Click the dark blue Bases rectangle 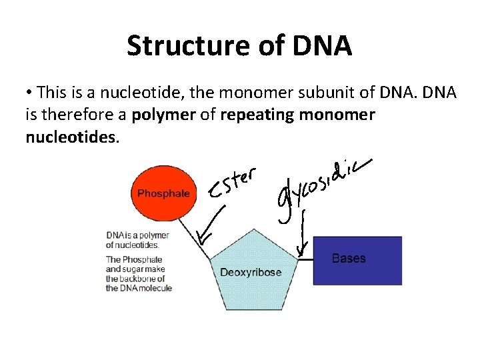357,260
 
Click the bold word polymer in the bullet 164,115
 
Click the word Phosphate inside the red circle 163,193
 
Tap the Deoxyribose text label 251,272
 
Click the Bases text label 349,259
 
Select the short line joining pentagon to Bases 305,260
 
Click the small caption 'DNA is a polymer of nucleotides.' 137,240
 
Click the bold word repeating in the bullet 257,115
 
